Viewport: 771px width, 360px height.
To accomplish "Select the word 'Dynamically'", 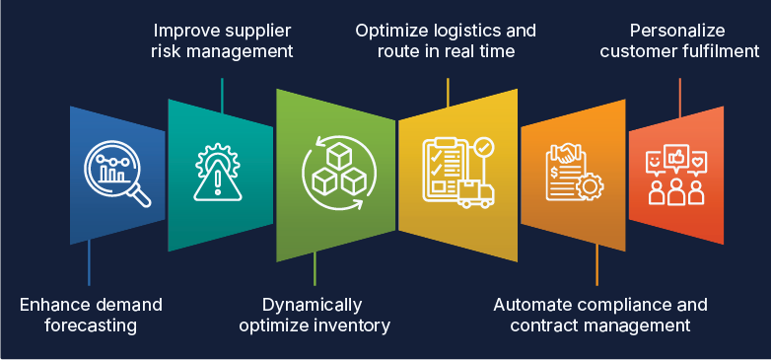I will click(313, 304).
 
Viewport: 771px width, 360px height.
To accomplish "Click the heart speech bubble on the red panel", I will click(698, 158).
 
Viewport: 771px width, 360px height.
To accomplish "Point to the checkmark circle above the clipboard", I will click(484, 148).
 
